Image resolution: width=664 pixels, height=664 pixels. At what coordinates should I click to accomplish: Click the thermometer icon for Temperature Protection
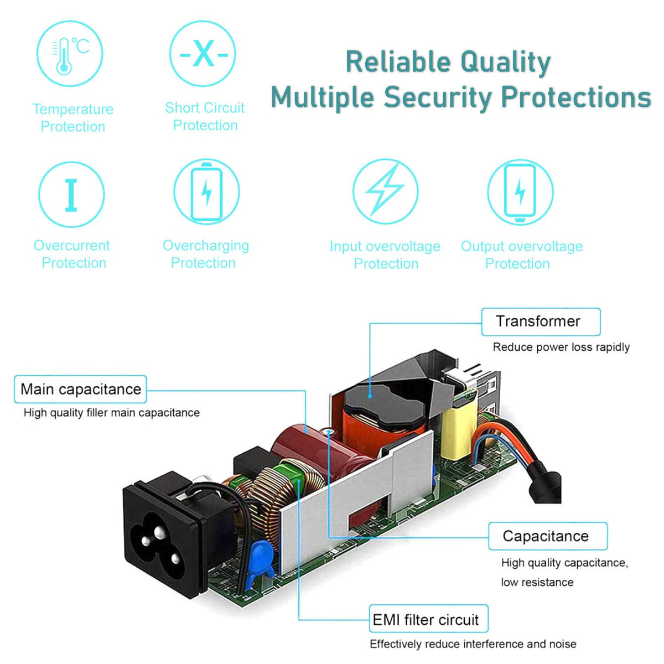(x=70, y=54)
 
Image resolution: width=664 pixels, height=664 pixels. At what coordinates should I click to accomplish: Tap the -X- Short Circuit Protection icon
(x=203, y=54)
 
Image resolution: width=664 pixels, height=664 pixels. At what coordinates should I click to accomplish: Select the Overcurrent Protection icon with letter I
(x=71, y=194)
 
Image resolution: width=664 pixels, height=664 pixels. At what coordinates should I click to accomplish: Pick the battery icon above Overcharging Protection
(x=206, y=192)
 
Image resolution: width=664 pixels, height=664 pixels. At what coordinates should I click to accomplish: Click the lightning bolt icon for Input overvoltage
(x=385, y=191)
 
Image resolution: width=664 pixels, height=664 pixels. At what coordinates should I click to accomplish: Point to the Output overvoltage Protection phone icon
(x=520, y=192)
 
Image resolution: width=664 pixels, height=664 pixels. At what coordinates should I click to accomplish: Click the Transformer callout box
(x=540, y=321)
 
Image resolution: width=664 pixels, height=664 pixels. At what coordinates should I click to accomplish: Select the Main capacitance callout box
(x=81, y=389)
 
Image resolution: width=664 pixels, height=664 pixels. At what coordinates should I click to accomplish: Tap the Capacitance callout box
(x=547, y=536)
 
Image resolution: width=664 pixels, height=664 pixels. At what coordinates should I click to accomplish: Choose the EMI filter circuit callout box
(x=428, y=619)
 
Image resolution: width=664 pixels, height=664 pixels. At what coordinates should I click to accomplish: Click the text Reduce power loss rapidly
(x=561, y=347)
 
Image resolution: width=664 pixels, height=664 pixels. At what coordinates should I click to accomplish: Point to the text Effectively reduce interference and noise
(x=473, y=644)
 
